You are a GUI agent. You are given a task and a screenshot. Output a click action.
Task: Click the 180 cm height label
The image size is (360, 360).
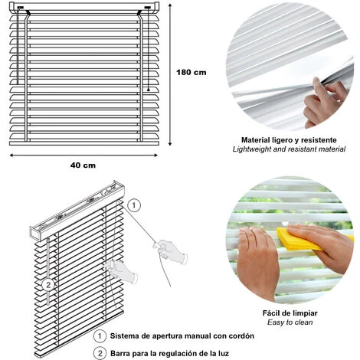(x=191, y=72)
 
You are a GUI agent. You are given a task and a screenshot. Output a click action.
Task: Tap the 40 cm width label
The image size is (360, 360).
(x=83, y=165)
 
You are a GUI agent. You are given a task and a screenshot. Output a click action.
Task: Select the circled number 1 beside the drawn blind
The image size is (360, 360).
(x=134, y=205)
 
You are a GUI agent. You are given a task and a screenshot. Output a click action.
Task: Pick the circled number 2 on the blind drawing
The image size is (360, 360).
(x=48, y=284)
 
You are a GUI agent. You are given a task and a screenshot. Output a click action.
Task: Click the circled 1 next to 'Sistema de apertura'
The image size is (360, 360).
(x=100, y=336)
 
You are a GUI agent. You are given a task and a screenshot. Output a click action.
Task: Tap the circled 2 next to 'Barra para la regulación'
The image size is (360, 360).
(x=100, y=353)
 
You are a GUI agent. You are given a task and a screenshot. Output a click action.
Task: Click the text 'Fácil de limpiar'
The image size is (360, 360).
(x=290, y=313)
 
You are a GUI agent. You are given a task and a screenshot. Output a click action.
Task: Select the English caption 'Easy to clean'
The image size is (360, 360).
(x=290, y=322)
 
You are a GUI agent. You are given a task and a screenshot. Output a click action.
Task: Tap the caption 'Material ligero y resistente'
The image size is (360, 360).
(x=289, y=140)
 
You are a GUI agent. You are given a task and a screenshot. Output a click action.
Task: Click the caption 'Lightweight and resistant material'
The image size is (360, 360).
(x=289, y=149)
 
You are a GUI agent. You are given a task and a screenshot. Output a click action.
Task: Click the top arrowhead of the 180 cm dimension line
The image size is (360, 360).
(x=170, y=5)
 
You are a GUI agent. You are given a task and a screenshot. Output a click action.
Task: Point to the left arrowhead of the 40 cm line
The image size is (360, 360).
(x=11, y=155)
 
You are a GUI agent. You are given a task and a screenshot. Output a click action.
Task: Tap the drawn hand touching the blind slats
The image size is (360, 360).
(x=122, y=271)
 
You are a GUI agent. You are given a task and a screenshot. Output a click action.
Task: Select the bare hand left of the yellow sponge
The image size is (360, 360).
(x=257, y=260)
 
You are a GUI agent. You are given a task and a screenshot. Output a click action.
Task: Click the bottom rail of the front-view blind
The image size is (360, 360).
(x=84, y=143)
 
